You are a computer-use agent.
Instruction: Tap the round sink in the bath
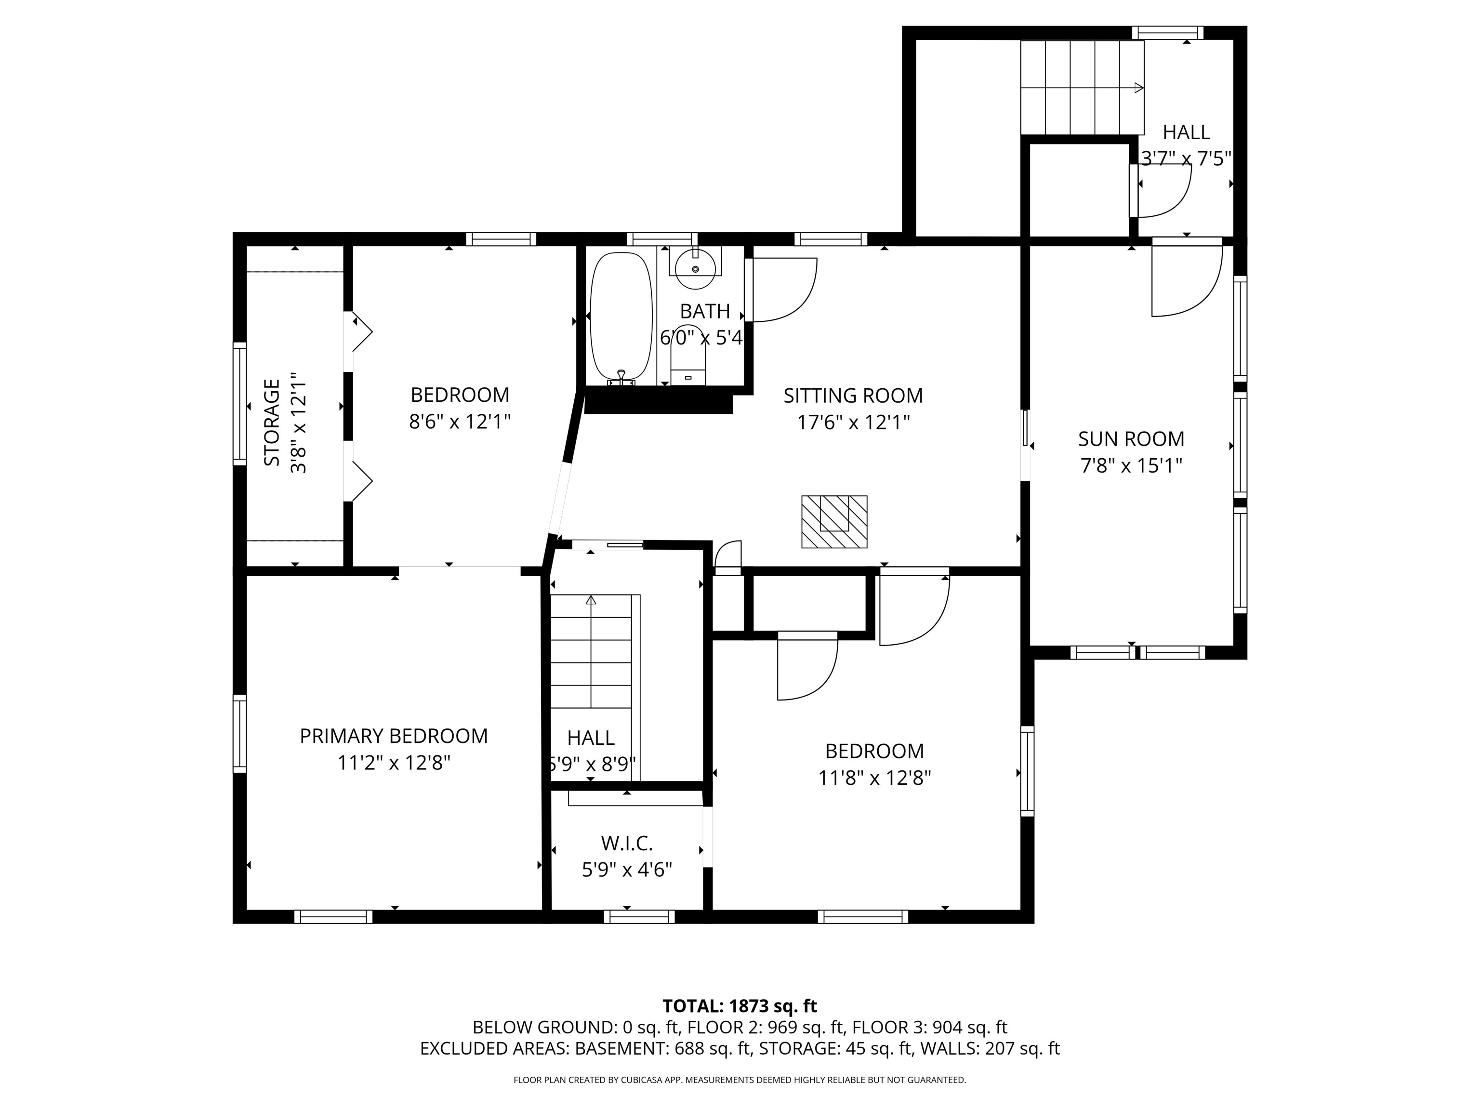696,269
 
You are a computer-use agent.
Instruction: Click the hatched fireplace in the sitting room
834,522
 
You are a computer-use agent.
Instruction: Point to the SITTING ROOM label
853,396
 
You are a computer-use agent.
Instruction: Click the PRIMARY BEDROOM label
394,736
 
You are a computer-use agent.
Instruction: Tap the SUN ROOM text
1131,439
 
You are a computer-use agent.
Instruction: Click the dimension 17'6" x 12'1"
853,422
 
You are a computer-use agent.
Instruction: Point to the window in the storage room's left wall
239,403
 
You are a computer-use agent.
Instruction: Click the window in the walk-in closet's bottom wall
639,917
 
